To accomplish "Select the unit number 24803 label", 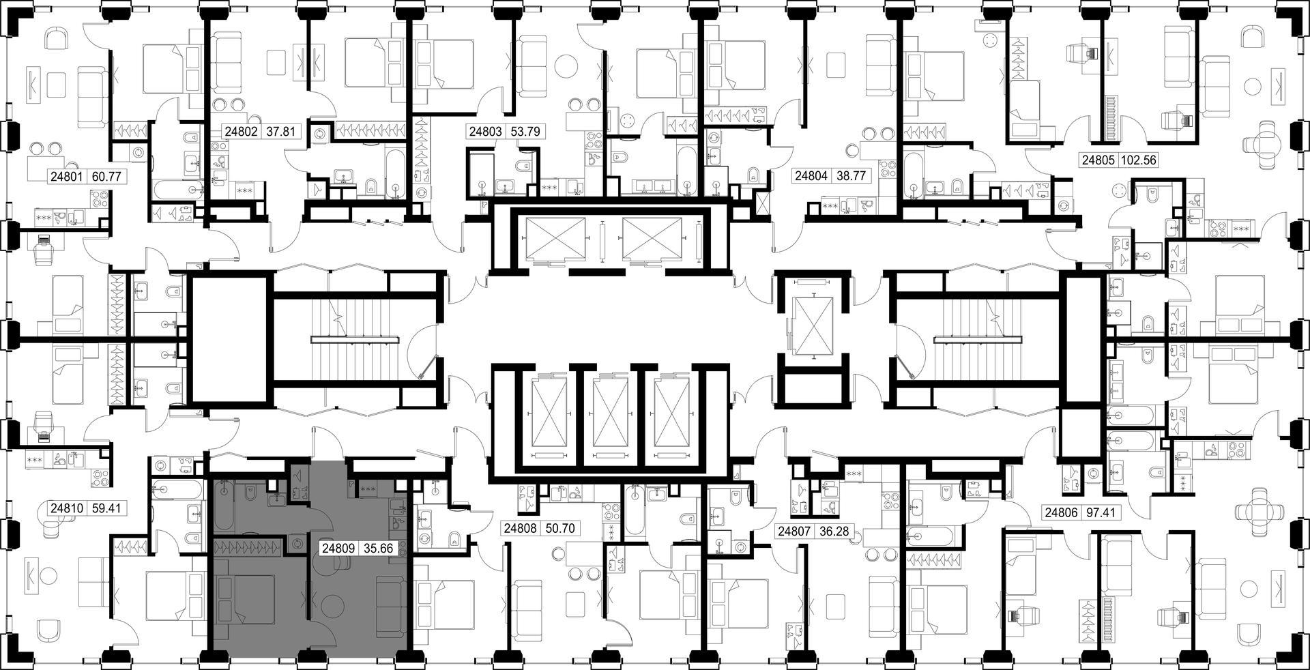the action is [485, 132].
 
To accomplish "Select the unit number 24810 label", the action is [66, 508].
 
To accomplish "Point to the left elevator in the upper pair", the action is [553, 239].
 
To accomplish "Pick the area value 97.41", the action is [1101, 512].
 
